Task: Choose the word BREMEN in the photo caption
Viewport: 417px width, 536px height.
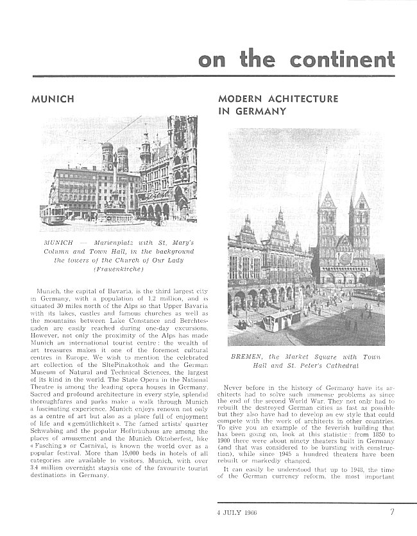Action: (244, 357)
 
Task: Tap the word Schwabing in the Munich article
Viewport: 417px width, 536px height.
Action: (48, 459)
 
